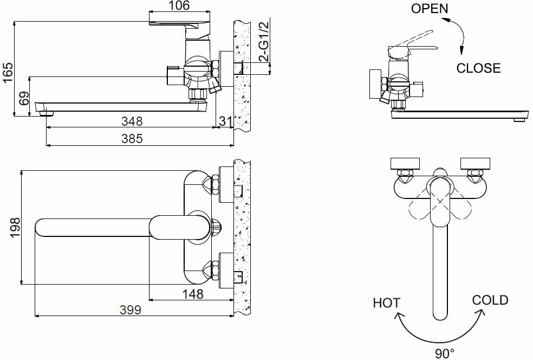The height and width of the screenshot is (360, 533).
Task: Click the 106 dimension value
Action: (x=179, y=6)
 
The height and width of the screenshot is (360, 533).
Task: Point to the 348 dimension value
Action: (x=132, y=120)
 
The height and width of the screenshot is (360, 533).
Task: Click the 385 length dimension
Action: (x=132, y=139)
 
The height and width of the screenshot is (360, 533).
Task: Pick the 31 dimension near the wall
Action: (x=225, y=120)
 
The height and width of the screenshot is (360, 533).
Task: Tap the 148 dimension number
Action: (x=193, y=294)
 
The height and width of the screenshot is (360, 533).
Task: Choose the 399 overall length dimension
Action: (x=130, y=310)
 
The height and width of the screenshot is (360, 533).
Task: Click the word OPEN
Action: (x=430, y=9)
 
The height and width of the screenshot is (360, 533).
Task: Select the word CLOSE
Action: (x=478, y=68)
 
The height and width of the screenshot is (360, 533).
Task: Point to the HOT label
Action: (x=386, y=303)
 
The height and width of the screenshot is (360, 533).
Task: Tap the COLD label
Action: (x=490, y=300)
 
